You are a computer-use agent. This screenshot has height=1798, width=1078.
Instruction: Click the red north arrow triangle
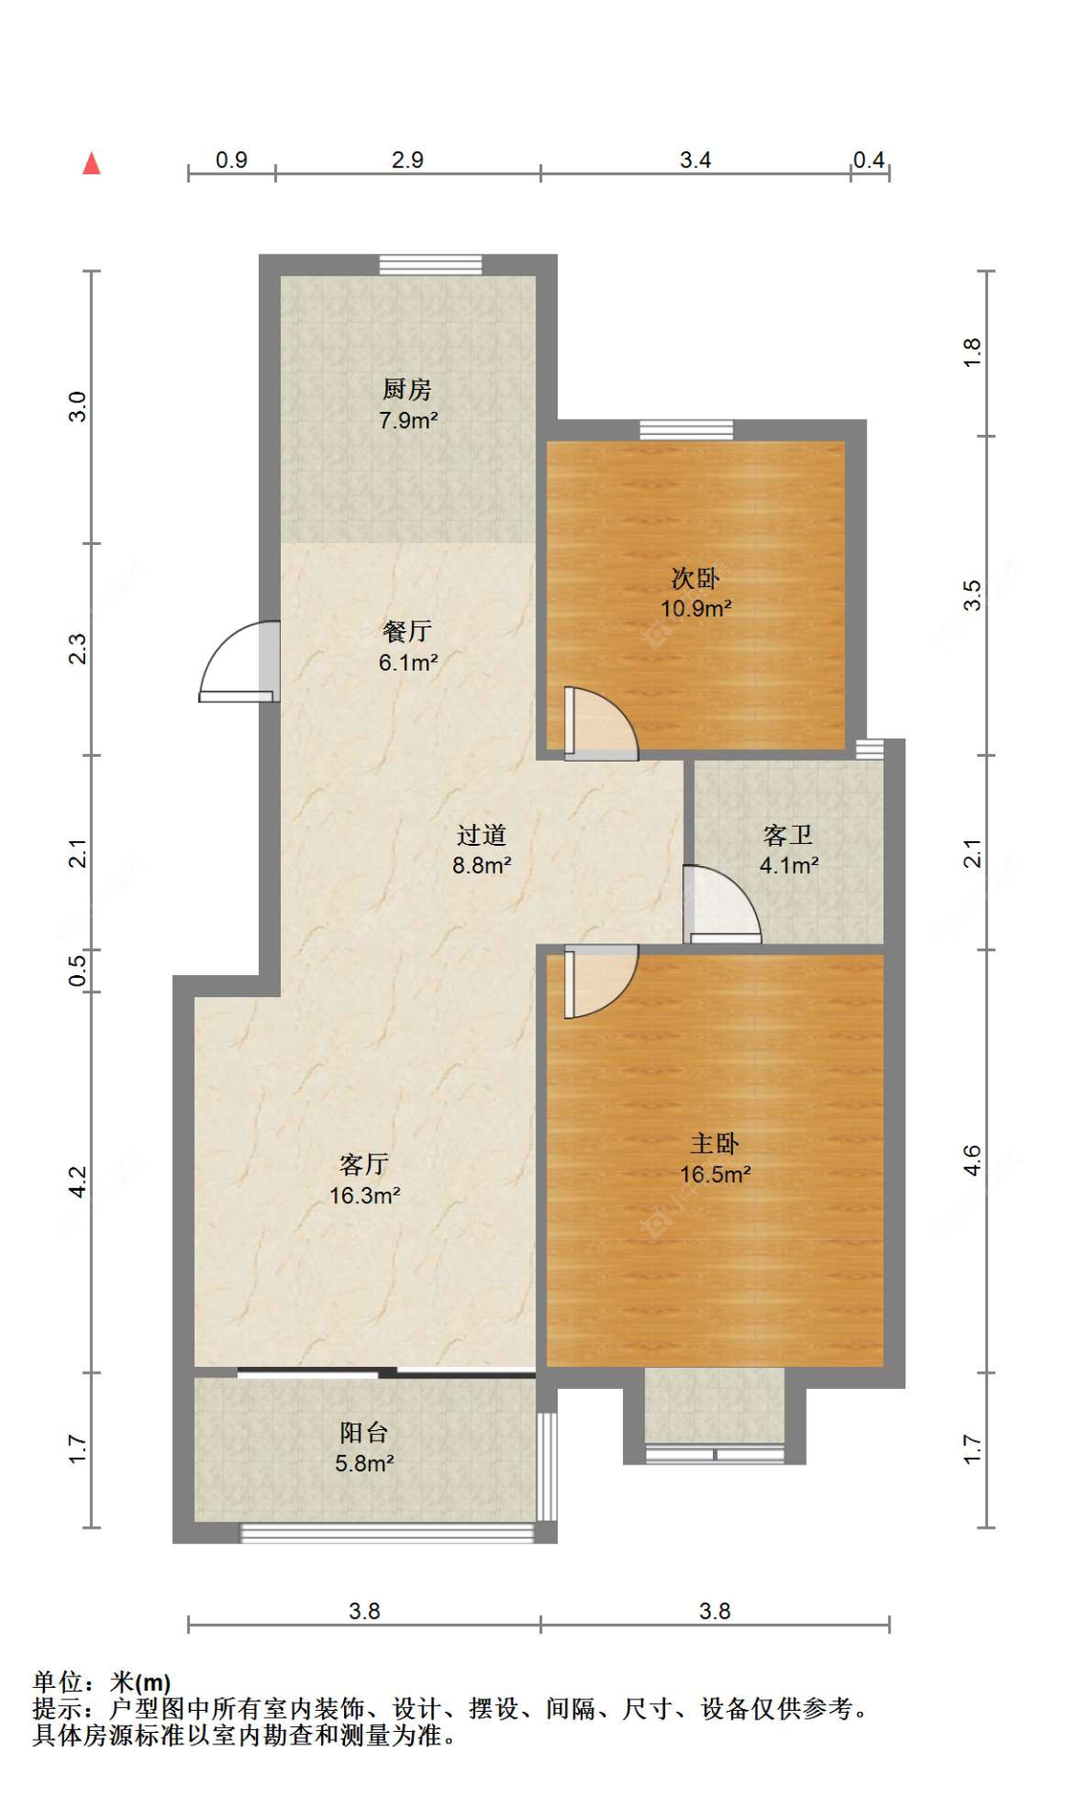[x=92, y=164]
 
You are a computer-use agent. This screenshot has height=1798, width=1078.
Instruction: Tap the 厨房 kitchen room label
[x=407, y=390]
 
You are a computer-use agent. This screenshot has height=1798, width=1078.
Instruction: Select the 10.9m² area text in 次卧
[x=696, y=608]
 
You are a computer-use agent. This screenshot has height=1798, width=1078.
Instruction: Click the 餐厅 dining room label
[x=407, y=632]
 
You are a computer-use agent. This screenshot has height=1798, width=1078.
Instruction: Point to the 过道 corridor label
[x=481, y=835]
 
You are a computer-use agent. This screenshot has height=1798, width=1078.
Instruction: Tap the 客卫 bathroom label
[x=788, y=835]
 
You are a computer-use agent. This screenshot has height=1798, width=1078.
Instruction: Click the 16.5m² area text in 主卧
[x=715, y=1174]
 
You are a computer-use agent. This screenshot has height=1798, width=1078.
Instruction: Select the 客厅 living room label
[x=364, y=1165]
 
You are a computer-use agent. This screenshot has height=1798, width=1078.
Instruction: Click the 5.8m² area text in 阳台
[x=364, y=1464]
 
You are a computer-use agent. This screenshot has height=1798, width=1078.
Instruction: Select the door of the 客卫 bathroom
[x=721, y=905]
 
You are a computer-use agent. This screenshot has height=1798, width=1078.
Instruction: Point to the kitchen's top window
[x=430, y=264]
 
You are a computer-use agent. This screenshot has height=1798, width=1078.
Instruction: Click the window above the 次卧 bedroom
[x=686, y=430]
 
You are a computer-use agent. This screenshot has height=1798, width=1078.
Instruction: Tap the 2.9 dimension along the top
[x=407, y=160]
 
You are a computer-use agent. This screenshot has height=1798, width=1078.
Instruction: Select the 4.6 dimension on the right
[x=972, y=1161]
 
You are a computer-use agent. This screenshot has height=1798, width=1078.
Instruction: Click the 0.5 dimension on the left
[x=78, y=969]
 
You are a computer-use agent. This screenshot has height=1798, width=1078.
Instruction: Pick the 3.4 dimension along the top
[x=695, y=160]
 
